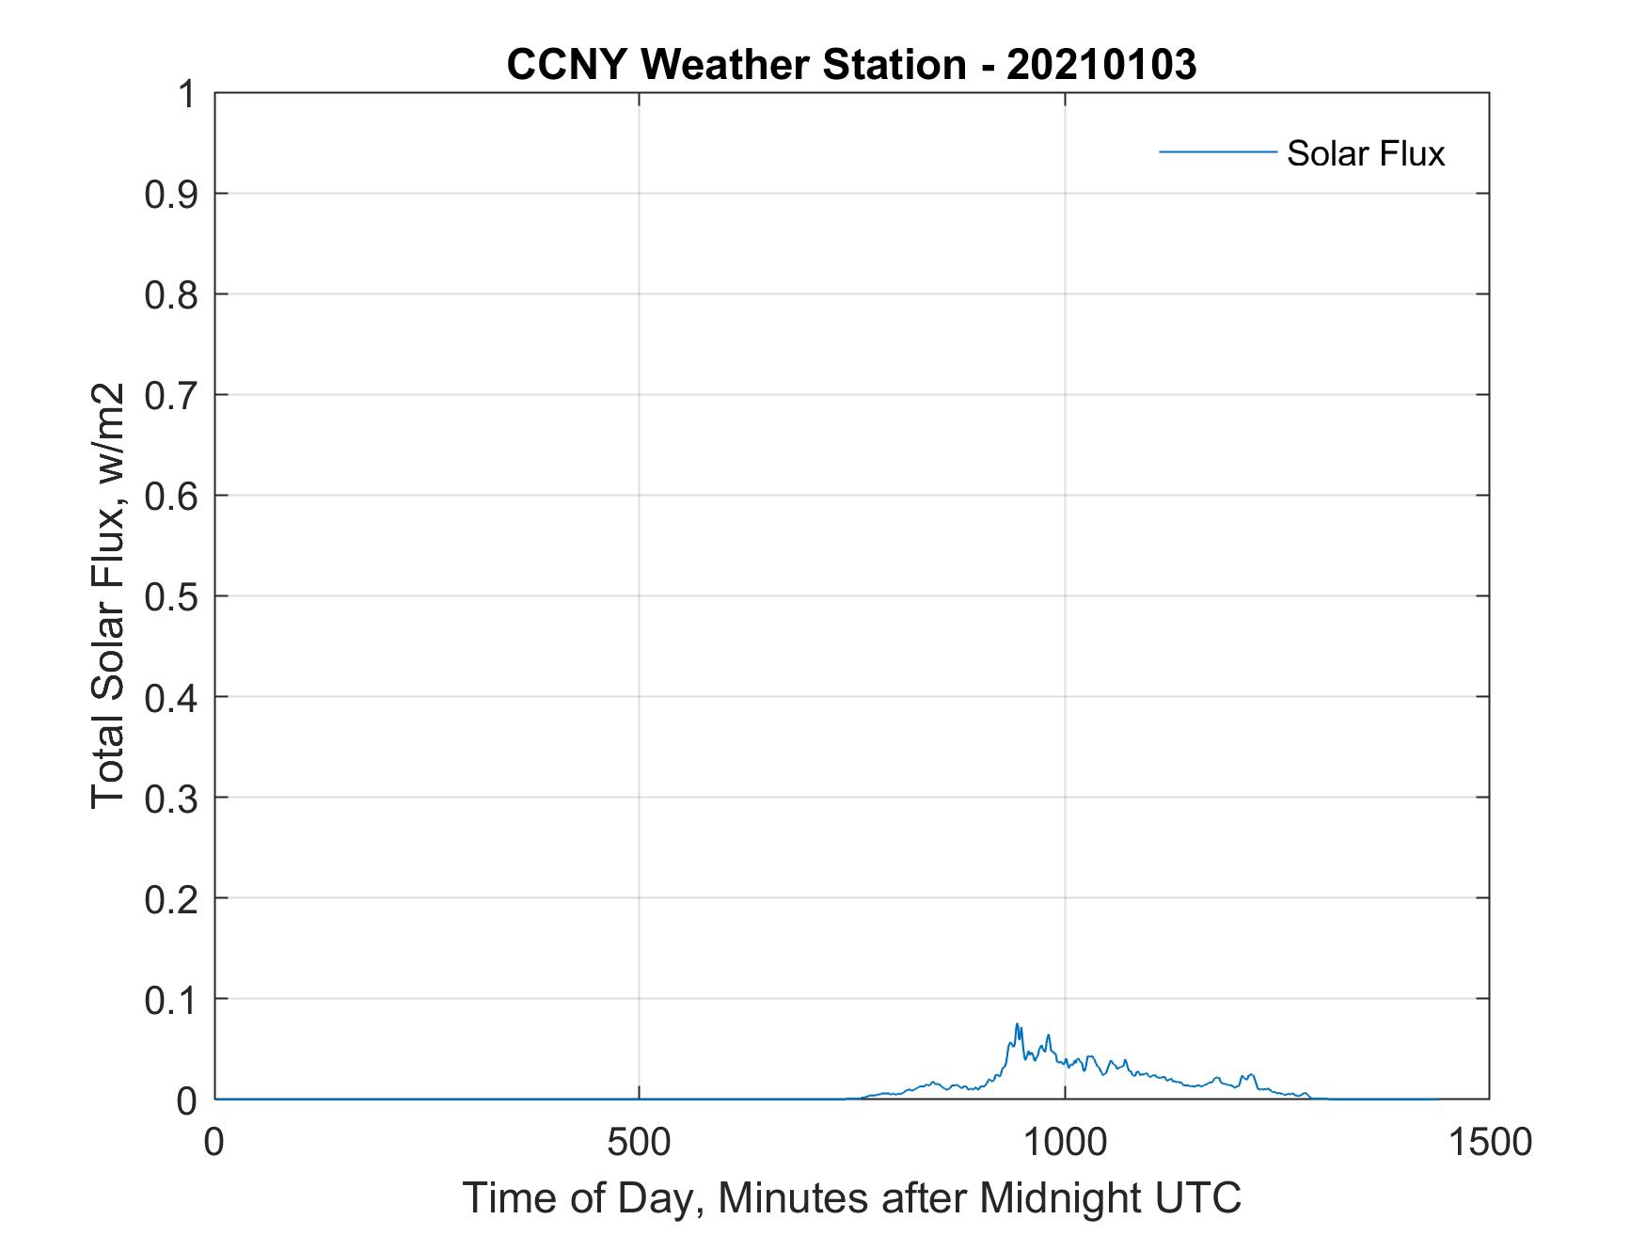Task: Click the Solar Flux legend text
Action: click(x=1365, y=152)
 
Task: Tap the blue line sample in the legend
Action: click(x=1217, y=151)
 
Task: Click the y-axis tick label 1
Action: click(x=186, y=94)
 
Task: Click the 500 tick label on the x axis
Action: click(x=639, y=1142)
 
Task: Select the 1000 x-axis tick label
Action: click(x=1065, y=1142)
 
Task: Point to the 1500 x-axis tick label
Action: click(x=1489, y=1142)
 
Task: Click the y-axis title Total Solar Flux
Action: click(x=108, y=596)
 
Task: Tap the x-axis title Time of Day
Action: click(x=851, y=1197)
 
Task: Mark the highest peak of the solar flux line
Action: click(x=1016, y=1024)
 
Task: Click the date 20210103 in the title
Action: click(x=1101, y=65)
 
